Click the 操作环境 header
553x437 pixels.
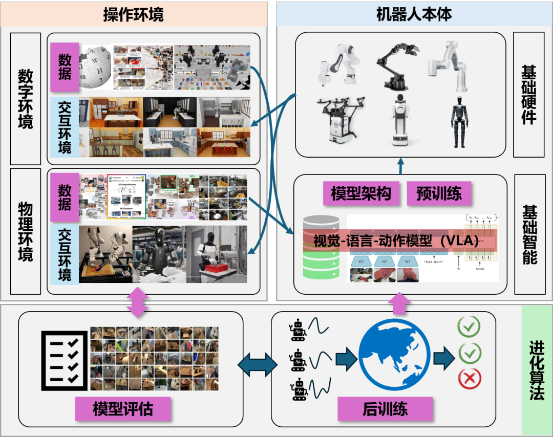point(133,14)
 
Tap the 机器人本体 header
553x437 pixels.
point(414,14)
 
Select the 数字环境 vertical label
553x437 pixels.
point(25,99)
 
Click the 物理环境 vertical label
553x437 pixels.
point(25,231)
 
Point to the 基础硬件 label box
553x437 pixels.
point(529,95)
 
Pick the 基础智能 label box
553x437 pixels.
point(529,234)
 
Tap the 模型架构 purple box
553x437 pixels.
point(361,193)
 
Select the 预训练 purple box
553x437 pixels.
point(439,193)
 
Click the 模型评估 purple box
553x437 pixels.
point(123,408)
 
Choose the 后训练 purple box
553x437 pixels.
point(385,408)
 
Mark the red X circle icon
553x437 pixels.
point(469,379)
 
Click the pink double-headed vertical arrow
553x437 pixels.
point(137,302)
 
